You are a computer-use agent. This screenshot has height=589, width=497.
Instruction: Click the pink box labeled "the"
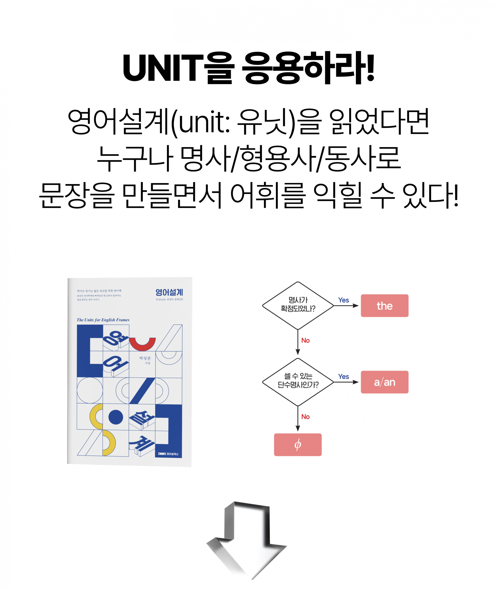pos(384,306)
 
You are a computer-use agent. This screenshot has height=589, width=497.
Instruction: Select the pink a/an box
pos(384,382)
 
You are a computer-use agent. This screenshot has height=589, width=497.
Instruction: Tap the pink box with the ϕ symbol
pos(297,445)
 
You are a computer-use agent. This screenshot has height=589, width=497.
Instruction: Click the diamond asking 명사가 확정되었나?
pos(297,305)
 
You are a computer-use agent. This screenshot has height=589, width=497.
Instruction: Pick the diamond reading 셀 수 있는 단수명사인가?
pos(297,381)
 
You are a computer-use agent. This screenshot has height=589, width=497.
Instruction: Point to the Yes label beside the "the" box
pos(343,300)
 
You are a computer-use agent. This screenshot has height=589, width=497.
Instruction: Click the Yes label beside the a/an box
pos(343,376)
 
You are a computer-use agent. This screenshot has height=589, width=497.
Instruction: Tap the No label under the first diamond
pos(305,340)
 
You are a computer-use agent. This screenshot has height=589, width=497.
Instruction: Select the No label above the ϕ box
pos(305,417)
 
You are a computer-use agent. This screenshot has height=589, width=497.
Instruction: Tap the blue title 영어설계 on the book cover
pos(169,292)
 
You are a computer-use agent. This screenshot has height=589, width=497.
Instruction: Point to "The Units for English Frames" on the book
pos(103,320)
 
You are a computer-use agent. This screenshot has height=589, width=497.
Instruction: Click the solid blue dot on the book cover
pos(115,417)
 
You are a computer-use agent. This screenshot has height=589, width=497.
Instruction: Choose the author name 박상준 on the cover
pos(145,358)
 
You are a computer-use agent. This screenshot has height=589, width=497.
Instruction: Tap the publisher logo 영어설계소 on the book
pos(169,454)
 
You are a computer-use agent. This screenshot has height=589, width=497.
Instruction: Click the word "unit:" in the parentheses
pos(204,122)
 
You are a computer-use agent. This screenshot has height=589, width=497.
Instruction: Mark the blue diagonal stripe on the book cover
pos(142,391)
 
